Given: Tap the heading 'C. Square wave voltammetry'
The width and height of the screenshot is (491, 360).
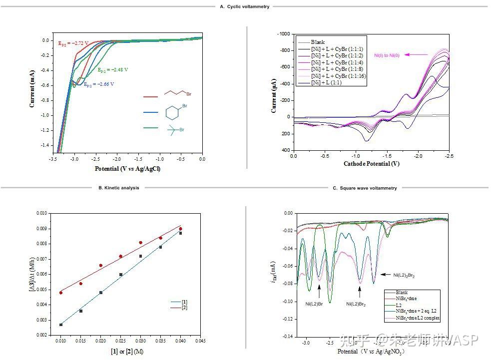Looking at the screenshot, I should [365, 188].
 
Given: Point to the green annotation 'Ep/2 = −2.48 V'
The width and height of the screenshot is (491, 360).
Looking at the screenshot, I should [113, 70].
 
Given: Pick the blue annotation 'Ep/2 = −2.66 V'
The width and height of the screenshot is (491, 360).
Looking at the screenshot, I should [98, 85].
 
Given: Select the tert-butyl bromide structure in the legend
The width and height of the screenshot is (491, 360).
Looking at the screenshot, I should [174, 129].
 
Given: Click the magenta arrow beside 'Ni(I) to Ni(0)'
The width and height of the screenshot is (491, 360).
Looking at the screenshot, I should [417, 54].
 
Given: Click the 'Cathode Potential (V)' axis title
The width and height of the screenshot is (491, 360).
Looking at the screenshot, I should [371, 164].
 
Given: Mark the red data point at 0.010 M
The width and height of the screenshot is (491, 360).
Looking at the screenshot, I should [61, 293].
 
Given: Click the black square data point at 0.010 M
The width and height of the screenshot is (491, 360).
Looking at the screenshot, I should [61, 325].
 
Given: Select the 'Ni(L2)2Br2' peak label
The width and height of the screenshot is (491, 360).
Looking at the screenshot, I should [404, 275].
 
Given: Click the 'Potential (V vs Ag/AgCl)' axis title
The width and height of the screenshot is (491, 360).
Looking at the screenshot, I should [127, 168].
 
